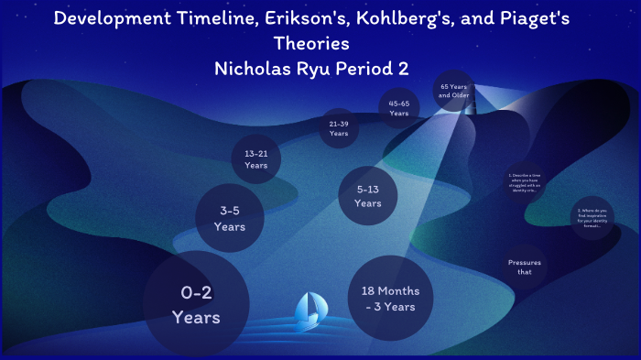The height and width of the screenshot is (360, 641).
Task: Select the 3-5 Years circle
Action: tap(230, 218)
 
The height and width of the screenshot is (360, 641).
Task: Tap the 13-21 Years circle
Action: tap(255, 160)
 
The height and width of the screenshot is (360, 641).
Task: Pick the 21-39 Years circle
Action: tap(339, 128)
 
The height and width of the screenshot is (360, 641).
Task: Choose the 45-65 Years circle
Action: tap(398, 108)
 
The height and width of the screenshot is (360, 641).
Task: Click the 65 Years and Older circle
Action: tap(453, 90)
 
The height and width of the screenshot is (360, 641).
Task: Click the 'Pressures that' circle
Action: tap(525, 267)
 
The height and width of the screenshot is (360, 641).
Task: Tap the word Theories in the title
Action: tap(311, 43)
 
